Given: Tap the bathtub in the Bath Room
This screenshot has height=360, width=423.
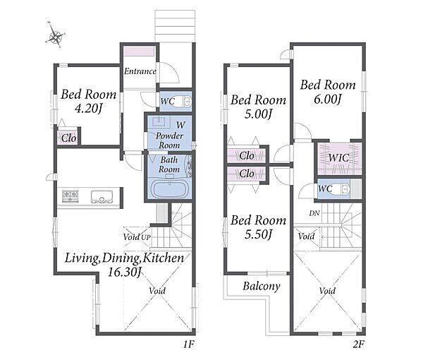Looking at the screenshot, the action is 169,188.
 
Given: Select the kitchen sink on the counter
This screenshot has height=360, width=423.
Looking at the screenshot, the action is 102,197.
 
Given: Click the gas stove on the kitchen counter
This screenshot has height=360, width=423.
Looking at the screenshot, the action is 70,196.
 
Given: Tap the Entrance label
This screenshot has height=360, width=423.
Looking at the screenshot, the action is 140,71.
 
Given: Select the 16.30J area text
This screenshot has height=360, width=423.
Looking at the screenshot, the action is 124,272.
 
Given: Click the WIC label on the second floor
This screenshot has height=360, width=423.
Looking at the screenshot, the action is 339,157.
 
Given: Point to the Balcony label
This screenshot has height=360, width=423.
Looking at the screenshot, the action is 261,287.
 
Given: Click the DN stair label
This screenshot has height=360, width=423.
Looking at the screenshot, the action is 314,213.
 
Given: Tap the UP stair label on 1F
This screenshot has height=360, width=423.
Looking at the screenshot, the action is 146,237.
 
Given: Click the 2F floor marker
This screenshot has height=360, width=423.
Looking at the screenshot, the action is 359,344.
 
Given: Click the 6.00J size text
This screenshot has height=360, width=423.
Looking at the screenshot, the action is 328,100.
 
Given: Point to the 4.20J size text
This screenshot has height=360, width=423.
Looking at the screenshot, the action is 89,109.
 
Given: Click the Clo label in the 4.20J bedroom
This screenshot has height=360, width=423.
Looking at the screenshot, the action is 68,138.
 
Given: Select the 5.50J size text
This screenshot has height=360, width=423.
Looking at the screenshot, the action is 258,234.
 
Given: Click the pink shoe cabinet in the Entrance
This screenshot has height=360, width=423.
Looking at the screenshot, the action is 139,51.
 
